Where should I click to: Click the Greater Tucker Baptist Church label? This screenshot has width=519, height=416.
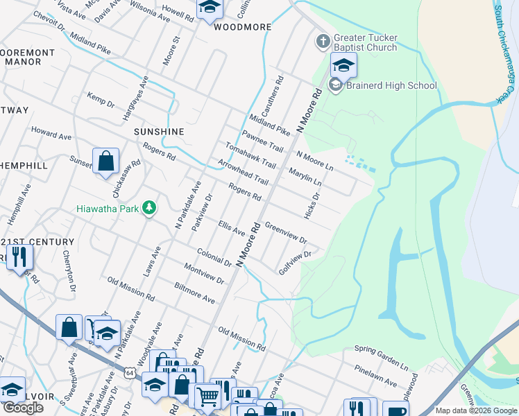[365, 42]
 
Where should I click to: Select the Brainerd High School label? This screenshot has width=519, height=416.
[393, 86]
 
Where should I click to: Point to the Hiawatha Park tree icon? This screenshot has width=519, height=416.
[148, 207]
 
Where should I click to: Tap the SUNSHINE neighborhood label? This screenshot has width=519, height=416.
[159, 132]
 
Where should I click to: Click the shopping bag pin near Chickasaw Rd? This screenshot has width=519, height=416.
[105, 162]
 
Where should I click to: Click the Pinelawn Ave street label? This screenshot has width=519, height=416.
[375, 376]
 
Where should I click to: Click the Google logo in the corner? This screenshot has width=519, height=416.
[23, 408]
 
